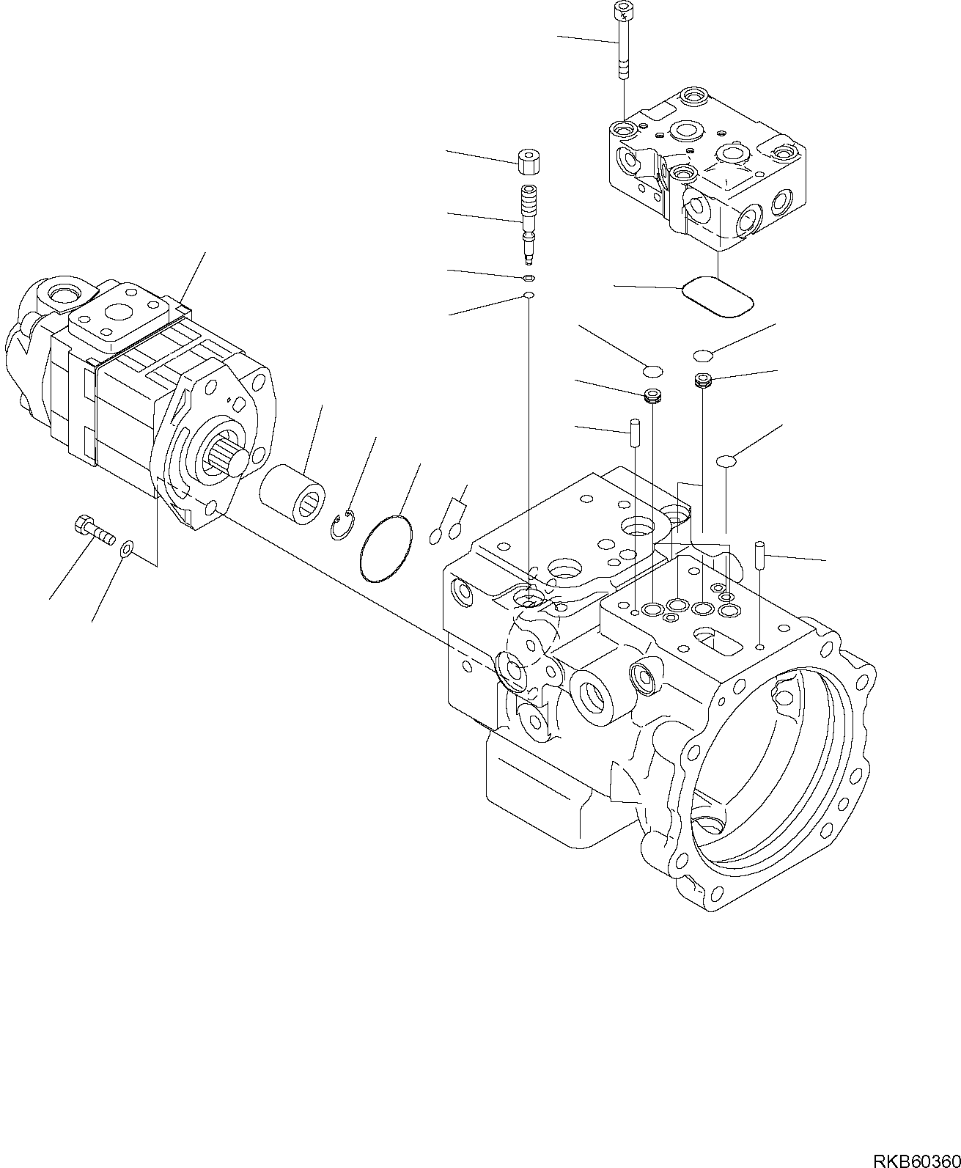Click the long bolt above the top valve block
click(622, 40)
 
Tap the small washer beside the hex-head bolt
click(127, 548)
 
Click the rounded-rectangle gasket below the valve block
click(718, 296)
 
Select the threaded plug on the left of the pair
click(652, 397)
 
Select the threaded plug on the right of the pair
click(703, 380)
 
